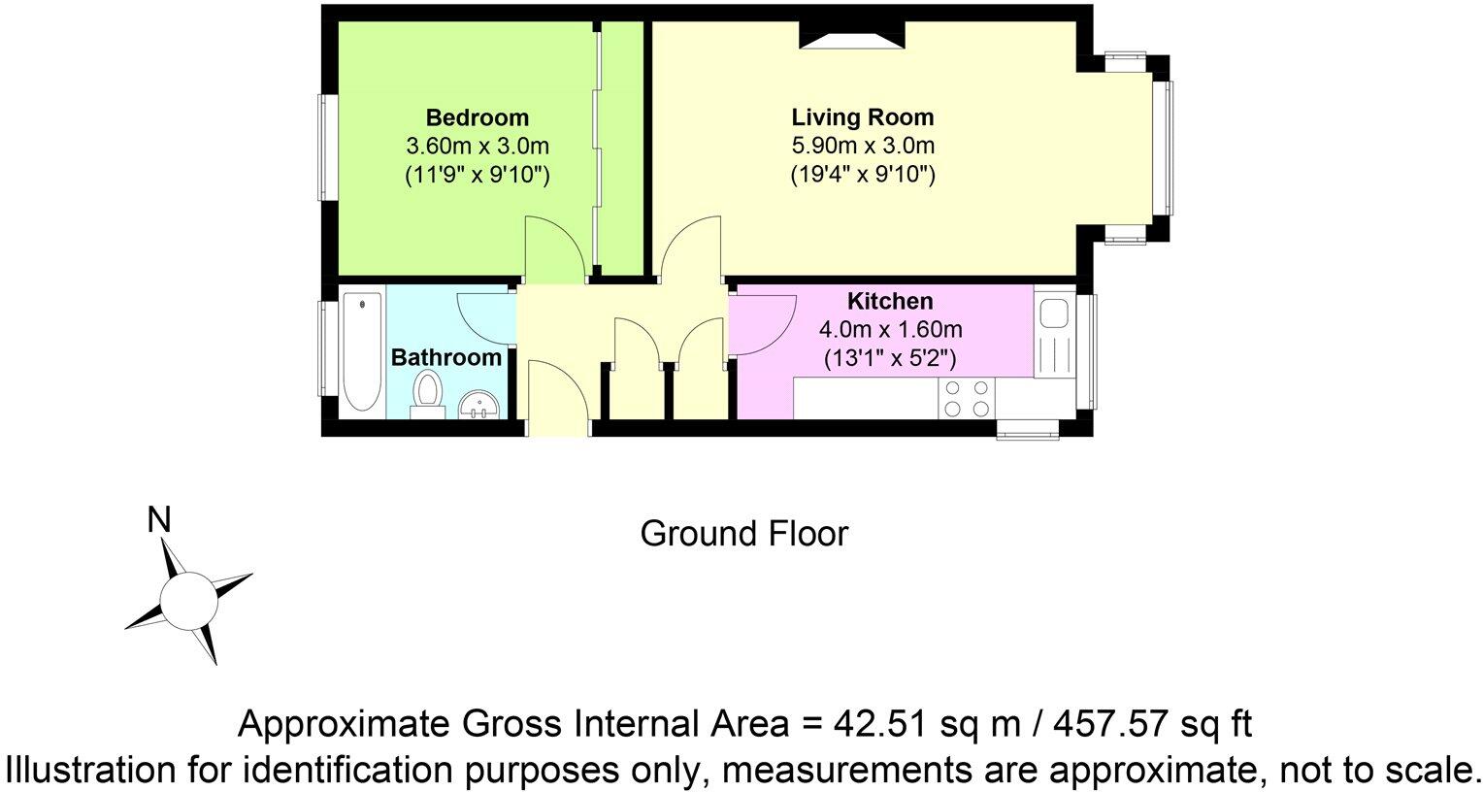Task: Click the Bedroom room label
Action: [478, 117]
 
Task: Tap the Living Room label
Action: [862, 117]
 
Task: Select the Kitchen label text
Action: [889, 301]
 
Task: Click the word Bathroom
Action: [445, 357]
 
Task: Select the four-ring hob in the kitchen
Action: [967, 398]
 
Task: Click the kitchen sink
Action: [1053, 314]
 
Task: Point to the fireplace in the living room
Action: [852, 36]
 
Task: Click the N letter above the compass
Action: [158, 521]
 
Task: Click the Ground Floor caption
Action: [743, 533]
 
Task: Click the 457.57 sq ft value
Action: [1139, 724]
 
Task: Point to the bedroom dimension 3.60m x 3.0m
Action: [478, 147]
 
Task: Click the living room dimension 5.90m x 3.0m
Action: [862, 147]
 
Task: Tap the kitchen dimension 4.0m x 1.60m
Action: [889, 330]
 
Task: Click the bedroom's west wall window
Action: [329, 147]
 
